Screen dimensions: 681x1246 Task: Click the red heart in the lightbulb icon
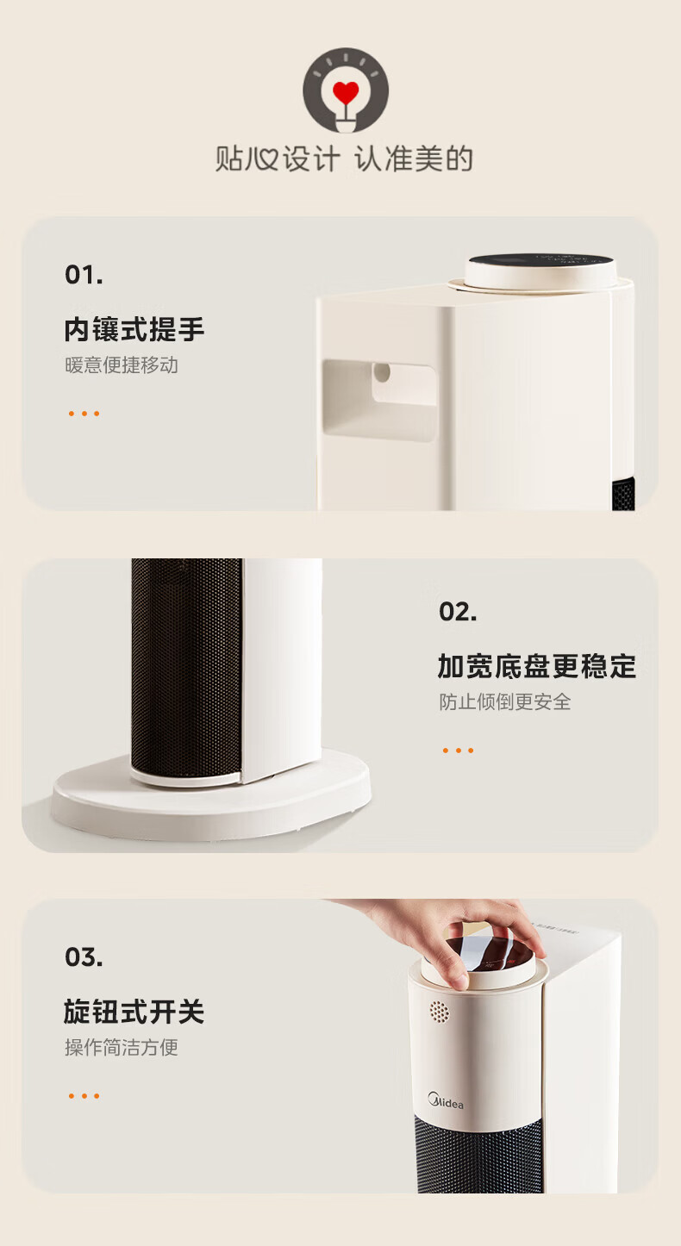(346, 92)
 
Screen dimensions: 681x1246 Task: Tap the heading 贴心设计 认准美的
(345, 159)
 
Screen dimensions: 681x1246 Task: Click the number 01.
(84, 275)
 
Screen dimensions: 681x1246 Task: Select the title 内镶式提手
(134, 329)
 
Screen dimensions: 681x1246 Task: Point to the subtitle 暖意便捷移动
(122, 365)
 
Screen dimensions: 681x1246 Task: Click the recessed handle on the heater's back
(380, 399)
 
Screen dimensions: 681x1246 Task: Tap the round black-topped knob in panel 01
(540, 271)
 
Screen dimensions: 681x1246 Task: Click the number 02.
(458, 612)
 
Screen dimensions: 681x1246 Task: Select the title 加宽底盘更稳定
(537, 666)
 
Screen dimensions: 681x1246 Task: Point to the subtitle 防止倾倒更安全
(504, 702)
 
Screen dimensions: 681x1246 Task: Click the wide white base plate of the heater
(211, 796)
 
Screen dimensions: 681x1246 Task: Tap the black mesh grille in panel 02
(186, 669)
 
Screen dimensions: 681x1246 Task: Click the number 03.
(84, 957)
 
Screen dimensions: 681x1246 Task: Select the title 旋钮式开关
(134, 1012)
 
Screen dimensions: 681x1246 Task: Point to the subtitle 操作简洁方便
(122, 1048)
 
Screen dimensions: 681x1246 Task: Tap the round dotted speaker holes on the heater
(439, 1012)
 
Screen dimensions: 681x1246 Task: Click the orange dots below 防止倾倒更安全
(458, 751)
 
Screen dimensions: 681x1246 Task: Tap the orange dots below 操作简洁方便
(84, 1096)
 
